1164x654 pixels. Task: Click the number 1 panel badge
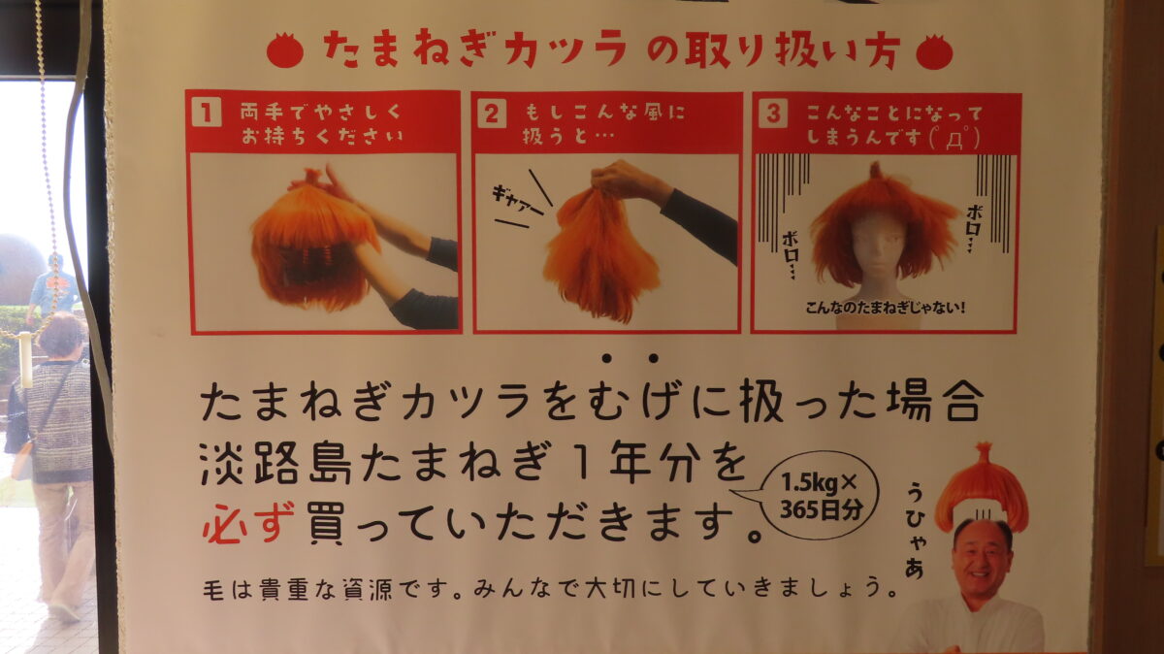pyautogui.click(x=206, y=114)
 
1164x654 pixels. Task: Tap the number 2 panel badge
pyautogui.click(x=492, y=114)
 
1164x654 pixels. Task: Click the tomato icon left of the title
pyautogui.click(x=284, y=50)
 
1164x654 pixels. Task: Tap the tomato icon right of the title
pyautogui.click(x=934, y=51)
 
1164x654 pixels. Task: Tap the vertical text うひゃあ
pyautogui.click(x=914, y=529)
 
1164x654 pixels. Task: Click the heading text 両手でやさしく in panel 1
pyautogui.click(x=319, y=113)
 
